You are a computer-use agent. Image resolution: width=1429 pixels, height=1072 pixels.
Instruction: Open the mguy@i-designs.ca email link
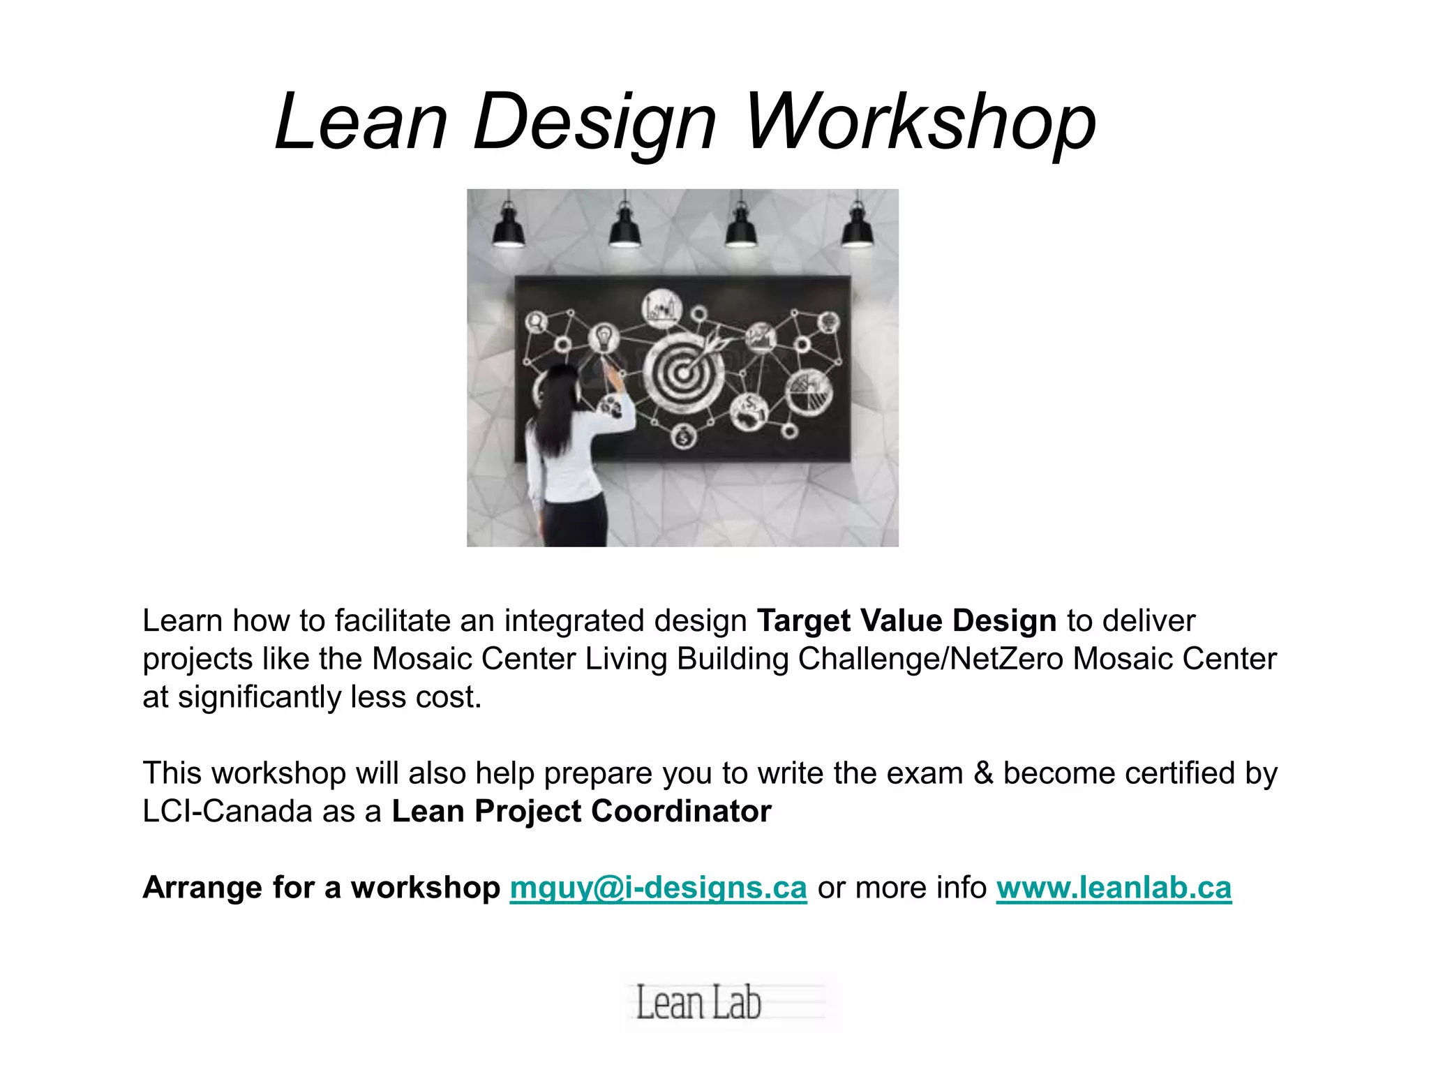tap(658, 888)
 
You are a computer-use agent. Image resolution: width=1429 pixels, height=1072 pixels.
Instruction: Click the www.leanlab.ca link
tap(1114, 888)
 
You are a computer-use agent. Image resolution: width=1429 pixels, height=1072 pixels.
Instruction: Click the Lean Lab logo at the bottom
tap(698, 1003)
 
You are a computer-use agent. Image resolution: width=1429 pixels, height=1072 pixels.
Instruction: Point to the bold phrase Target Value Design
tap(906, 620)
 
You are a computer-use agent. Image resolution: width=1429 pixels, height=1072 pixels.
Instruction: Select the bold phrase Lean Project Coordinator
tap(581, 811)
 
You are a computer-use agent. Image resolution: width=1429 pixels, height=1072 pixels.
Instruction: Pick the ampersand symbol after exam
tap(983, 773)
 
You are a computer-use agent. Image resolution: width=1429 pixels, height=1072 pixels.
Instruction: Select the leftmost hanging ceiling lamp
tap(509, 227)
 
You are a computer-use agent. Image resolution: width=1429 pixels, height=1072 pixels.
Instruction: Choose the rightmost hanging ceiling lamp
tap(857, 227)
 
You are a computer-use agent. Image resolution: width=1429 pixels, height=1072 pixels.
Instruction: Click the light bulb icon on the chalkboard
tap(604, 338)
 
